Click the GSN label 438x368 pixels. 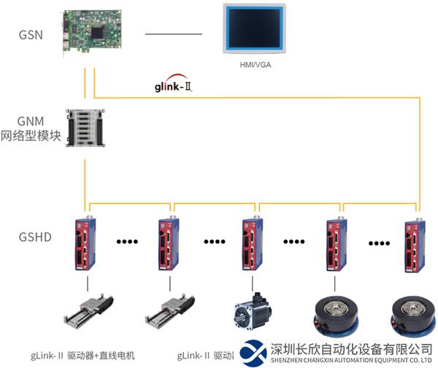click(x=31, y=34)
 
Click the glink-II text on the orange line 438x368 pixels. click(x=174, y=86)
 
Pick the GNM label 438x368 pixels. click(x=31, y=120)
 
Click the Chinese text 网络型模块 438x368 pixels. click(x=31, y=136)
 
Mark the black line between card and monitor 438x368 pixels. click(x=173, y=34)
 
